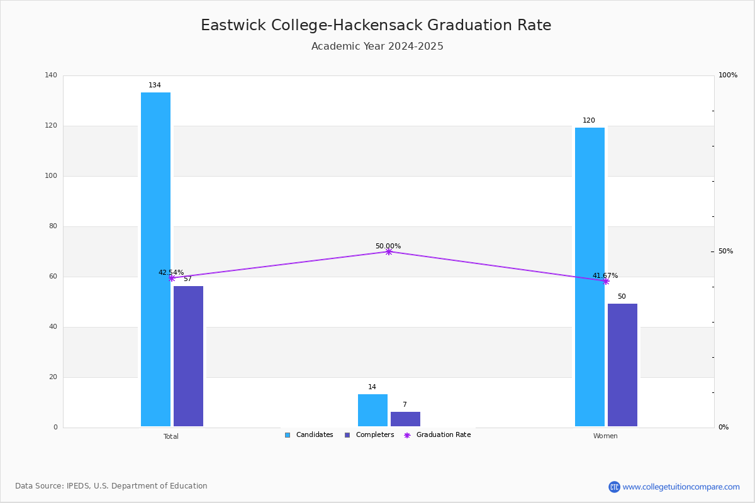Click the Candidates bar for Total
pos(156,260)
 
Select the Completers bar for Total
pos(188,356)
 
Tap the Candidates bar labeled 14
pos(372,411)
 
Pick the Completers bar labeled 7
pos(405,419)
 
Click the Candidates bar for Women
pos(590,277)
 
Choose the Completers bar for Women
pos(622,365)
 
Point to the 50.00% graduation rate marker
pos(389,251)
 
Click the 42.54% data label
pos(171,272)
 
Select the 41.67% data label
pos(605,275)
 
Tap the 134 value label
pos(155,85)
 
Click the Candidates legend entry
pos(309,434)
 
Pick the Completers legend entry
pos(369,434)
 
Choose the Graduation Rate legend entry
pos(437,434)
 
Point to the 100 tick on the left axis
pos(51,175)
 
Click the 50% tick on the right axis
pos(725,251)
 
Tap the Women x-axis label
pos(605,436)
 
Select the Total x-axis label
pos(171,436)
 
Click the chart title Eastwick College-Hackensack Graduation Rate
pos(376,25)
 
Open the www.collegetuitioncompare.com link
pos(681,487)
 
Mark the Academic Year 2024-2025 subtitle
pos(377,46)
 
